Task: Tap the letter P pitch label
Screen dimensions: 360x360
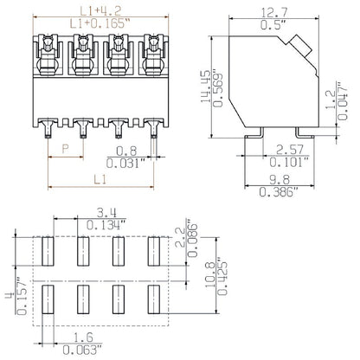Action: coord(66,148)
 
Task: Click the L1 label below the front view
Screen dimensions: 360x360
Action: coord(100,178)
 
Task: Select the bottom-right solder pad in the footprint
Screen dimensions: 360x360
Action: coord(156,298)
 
